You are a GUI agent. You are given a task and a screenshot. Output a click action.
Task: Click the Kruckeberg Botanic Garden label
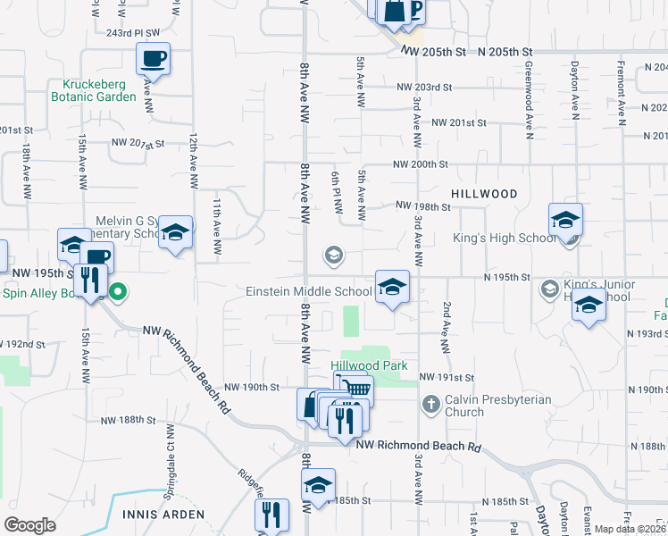(x=93, y=89)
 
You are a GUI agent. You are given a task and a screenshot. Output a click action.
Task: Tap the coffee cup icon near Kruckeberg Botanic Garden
(x=153, y=60)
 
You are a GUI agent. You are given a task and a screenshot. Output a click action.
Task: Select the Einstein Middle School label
(x=310, y=291)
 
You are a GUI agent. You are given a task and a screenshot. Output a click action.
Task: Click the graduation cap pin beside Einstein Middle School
(x=392, y=287)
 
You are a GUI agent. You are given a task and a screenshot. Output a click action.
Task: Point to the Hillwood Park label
(x=369, y=365)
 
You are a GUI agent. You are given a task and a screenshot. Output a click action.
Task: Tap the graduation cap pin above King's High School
(x=566, y=220)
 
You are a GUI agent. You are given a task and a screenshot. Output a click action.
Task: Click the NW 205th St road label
(x=435, y=53)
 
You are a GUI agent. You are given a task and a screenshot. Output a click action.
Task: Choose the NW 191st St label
(x=445, y=379)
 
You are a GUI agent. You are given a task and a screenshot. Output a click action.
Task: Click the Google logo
(x=29, y=525)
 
